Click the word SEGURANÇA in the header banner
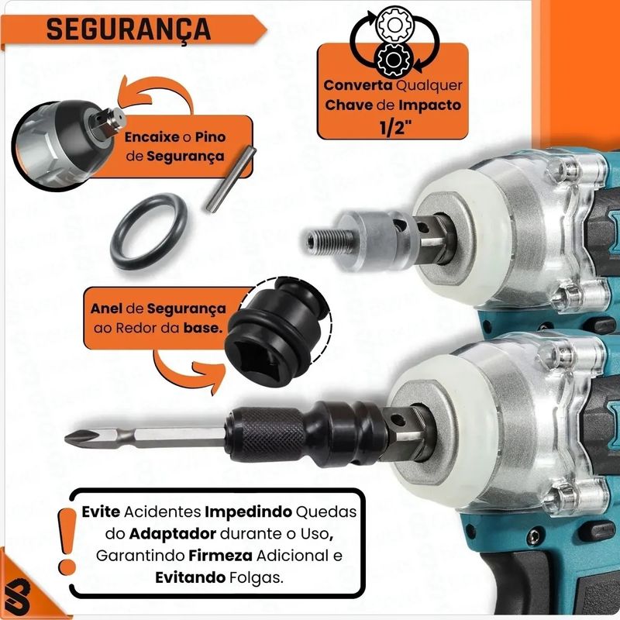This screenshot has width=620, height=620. (x=129, y=29)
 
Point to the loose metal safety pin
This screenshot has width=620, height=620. (x=231, y=180)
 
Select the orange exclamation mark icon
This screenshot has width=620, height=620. (x=67, y=540)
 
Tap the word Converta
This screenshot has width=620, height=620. (x=358, y=85)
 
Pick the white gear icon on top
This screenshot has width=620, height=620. (x=394, y=25)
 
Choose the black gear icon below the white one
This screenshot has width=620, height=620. (x=394, y=60)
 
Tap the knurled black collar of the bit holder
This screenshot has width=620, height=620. (x=272, y=435)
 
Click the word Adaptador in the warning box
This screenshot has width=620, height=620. (x=173, y=534)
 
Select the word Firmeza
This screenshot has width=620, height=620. (x=220, y=556)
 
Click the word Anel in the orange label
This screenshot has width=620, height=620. (x=106, y=308)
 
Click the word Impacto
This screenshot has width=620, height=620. (x=430, y=105)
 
